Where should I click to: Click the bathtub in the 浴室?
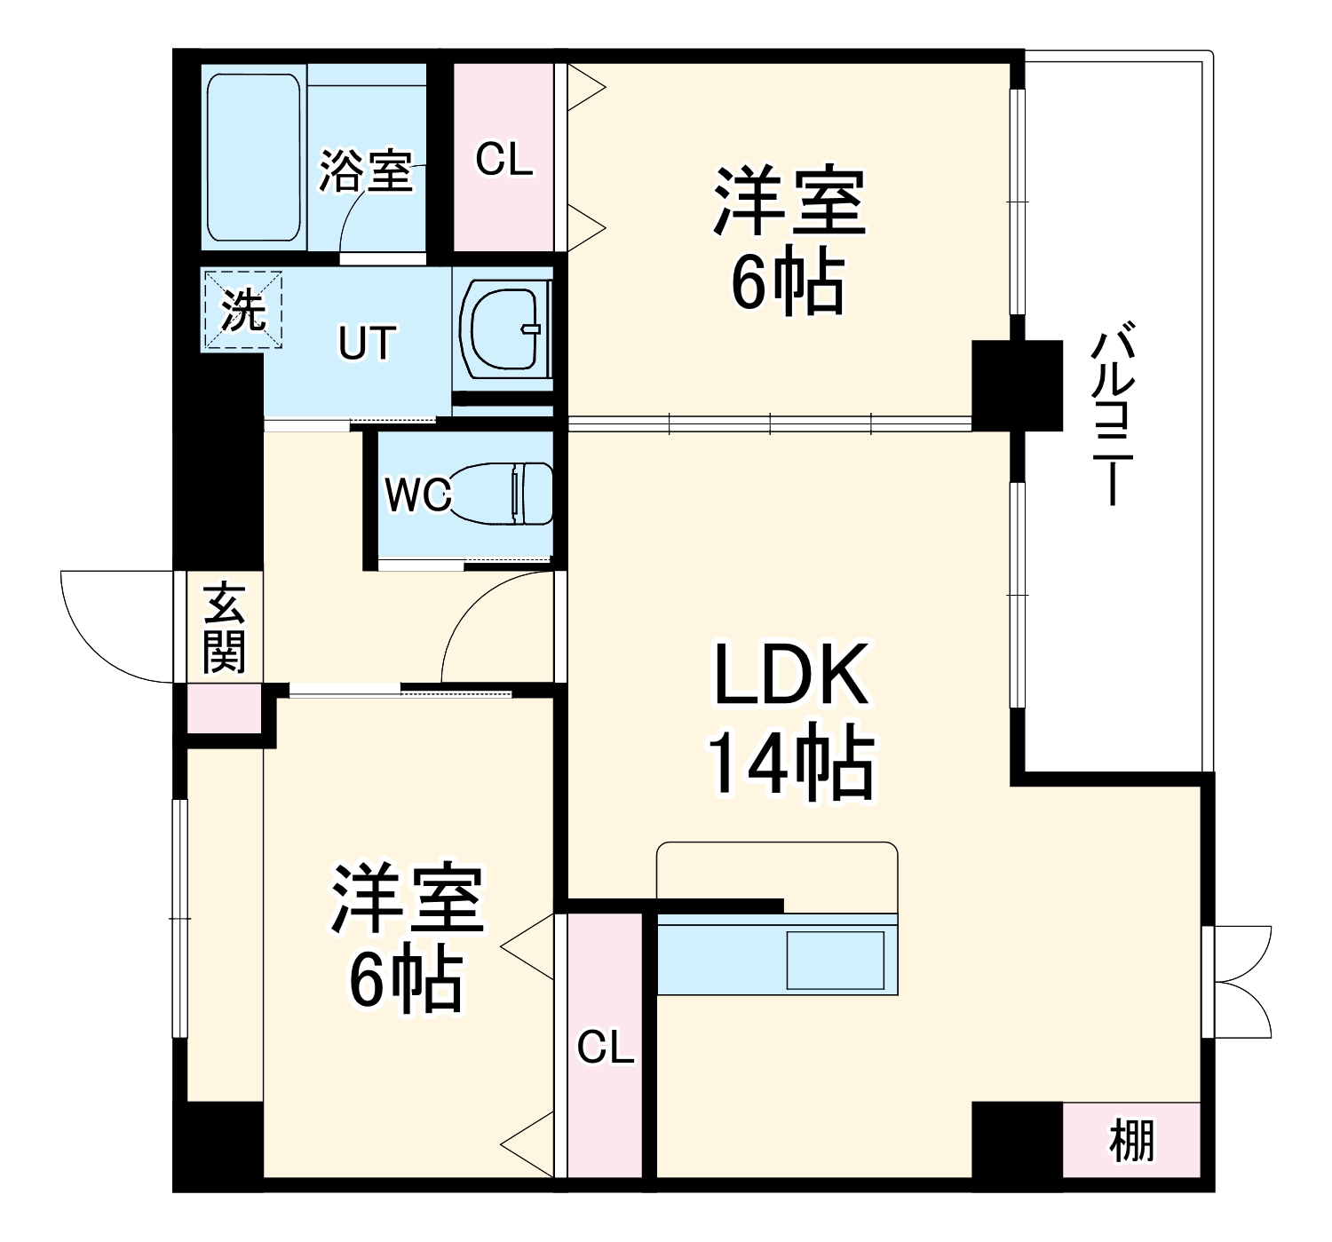(254, 157)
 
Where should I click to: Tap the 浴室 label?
(366, 170)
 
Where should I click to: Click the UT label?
(366, 344)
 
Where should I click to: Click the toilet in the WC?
(506, 493)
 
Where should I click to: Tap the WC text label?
(417, 494)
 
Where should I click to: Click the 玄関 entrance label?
(224, 628)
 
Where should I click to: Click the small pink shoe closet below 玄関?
(224, 708)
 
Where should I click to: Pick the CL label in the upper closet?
(503, 160)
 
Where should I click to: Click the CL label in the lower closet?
(605, 1048)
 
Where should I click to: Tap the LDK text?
(790, 675)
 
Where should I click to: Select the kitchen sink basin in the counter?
(835, 961)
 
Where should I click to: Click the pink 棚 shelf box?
(1131, 1141)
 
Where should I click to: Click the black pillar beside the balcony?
(1018, 385)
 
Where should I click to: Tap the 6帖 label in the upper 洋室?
(787, 281)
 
